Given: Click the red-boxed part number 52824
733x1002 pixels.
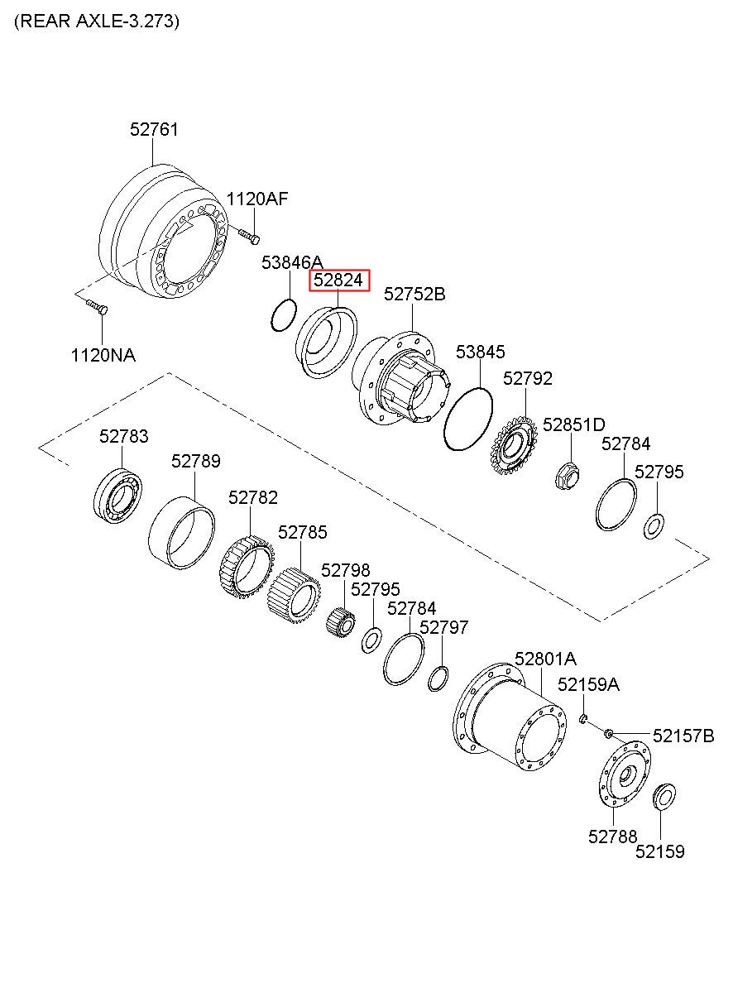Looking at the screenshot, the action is (338, 280).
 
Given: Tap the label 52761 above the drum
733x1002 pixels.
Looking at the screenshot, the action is (154, 129).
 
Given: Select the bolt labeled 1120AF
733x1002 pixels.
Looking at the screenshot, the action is (249, 236).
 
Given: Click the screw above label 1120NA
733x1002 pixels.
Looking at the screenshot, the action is (97, 307).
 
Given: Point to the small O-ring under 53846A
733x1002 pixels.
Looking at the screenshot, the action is (284, 315).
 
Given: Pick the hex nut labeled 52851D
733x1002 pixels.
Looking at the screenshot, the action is (568, 475).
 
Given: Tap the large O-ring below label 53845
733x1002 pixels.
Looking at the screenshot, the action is (467, 419).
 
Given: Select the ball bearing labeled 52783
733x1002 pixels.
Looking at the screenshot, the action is (117, 496).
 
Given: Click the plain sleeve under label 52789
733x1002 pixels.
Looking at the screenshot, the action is (181, 532).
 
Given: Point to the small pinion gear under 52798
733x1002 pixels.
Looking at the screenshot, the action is (340, 621).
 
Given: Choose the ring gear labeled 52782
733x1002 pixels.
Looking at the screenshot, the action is (247, 568).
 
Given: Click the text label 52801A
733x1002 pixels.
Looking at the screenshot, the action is (545, 659).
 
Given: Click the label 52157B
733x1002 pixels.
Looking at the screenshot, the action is (683, 736).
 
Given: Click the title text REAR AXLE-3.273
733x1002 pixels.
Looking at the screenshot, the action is (97, 21).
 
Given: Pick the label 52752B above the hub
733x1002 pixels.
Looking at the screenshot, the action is (414, 295).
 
